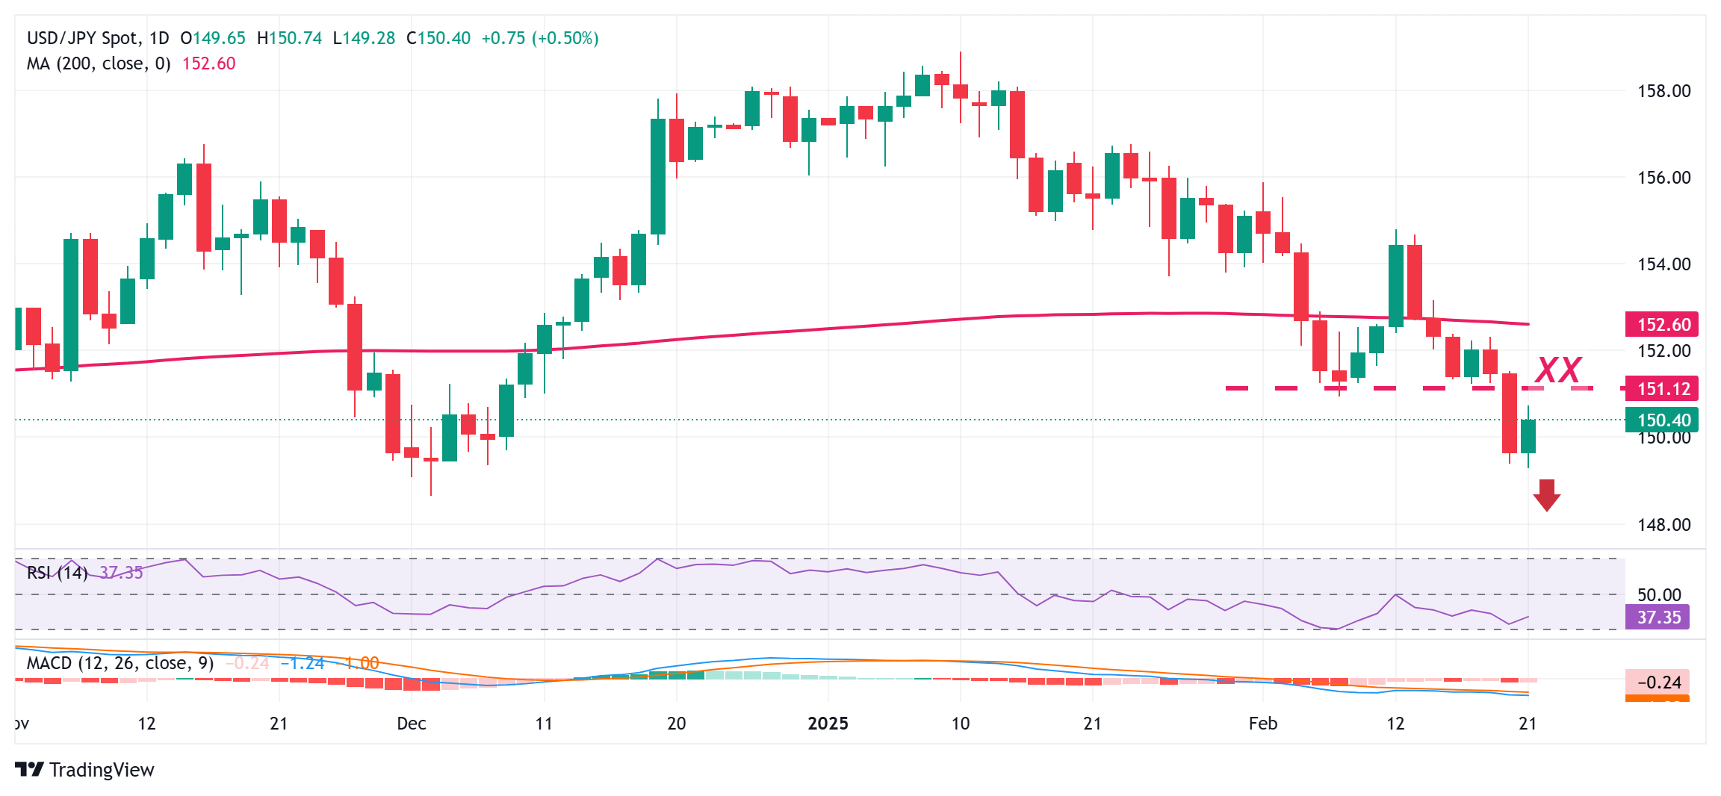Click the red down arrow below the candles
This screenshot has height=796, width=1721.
[1545, 495]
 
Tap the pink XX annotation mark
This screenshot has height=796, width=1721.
[1558, 370]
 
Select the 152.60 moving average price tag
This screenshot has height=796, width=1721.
[1662, 325]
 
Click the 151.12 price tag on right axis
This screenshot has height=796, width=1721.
[1662, 389]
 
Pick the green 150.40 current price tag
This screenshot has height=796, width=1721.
[1662, 420]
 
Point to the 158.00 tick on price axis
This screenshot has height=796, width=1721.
[1663, 91]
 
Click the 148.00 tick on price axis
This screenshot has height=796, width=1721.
[1663, 525]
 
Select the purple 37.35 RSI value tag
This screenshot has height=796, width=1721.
[1658, 618]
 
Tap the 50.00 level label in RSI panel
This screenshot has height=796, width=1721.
[1658, 595]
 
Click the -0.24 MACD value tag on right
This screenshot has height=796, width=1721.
[1658, 682]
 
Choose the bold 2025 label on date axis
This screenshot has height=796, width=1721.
[828, 724]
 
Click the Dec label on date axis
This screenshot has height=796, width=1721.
[411, 724]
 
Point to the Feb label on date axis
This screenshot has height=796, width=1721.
[1262, 724]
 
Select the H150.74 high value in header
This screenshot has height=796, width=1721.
[289, 38]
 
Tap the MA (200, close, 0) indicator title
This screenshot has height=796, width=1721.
[99, 63]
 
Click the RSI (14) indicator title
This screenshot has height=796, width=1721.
[57, 573]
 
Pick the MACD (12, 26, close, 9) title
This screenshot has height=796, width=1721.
[120, 663]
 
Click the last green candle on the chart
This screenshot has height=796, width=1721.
[1528, 436]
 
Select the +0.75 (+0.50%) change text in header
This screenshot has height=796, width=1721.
[539, 38]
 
